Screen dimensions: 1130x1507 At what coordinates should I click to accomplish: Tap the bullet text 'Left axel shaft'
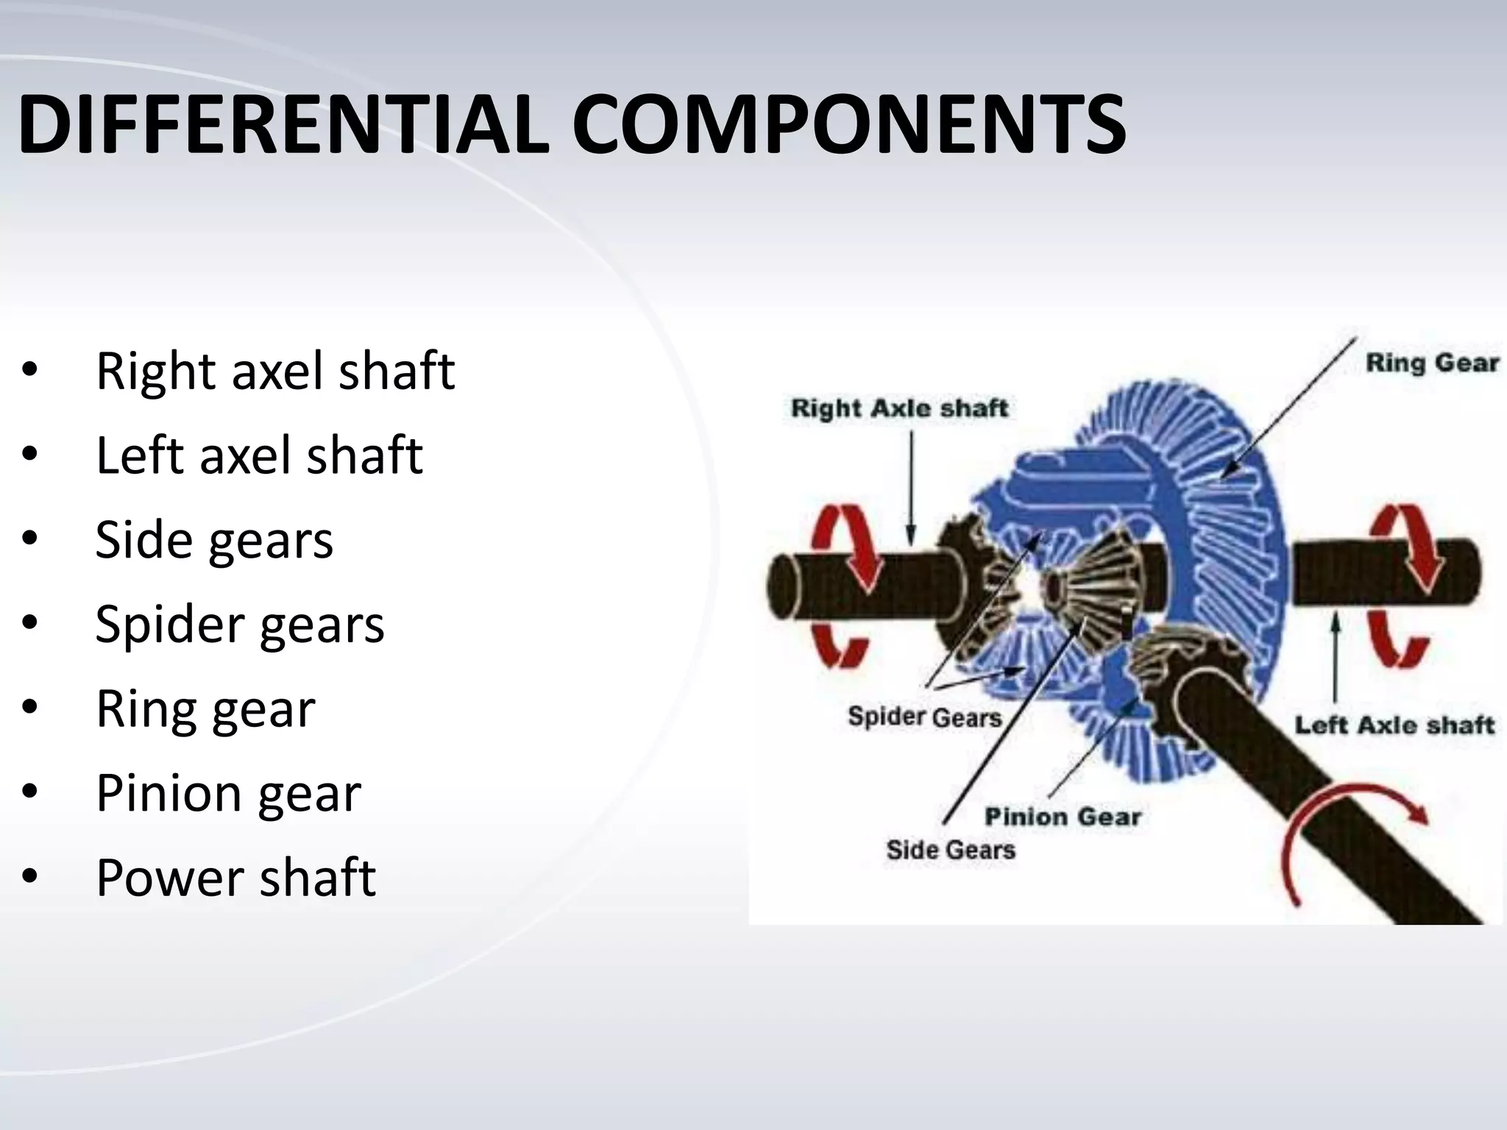coord(259,455)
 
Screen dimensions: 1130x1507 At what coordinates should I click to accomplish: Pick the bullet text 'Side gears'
coord(214,539)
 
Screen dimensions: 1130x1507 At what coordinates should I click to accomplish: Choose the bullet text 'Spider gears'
coord(240,624)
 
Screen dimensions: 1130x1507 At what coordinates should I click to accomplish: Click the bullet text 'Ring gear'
coord(205,708)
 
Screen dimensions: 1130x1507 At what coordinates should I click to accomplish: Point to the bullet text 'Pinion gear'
coord(228,793)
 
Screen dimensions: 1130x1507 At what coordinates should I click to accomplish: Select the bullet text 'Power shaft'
coord(235,878)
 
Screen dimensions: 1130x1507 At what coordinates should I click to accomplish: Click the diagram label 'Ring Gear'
coord(1432,363)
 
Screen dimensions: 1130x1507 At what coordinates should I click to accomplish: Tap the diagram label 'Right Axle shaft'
coord(899,408)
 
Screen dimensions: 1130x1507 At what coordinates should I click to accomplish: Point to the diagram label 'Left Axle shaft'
coord(1394,725)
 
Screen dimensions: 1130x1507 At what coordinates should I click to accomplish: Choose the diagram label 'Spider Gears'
coord(925,717)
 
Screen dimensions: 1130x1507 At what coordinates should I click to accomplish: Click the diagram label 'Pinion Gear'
coord(1063,817)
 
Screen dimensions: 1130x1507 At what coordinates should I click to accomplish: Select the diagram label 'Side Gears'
coord(951,850)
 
